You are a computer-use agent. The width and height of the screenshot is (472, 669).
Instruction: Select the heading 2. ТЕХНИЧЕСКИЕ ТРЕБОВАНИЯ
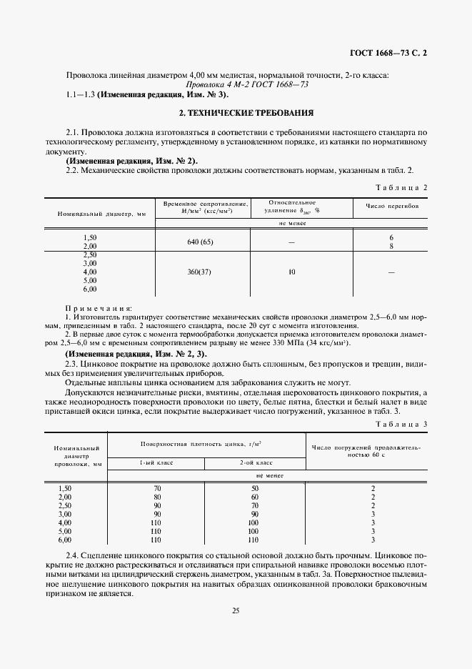point(236,113)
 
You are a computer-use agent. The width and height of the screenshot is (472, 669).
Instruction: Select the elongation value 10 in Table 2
point(291,272)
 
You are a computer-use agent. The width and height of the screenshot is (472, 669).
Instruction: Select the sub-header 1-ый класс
point(156,462)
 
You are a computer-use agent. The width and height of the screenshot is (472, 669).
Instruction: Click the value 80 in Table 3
point(156,496)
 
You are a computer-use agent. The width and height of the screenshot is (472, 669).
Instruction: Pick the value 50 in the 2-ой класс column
point(255,487)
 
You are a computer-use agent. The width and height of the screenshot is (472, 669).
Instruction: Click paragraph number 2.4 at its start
point(71,556)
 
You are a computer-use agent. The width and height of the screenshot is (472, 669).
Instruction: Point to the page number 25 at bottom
point(236,610)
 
